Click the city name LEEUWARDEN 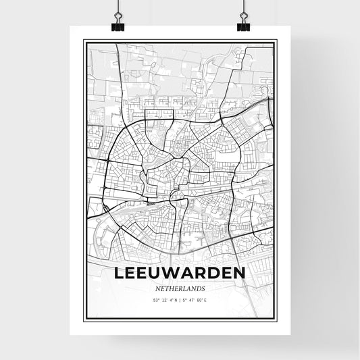[x=179, y=275]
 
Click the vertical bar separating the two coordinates [x=180, y=300]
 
